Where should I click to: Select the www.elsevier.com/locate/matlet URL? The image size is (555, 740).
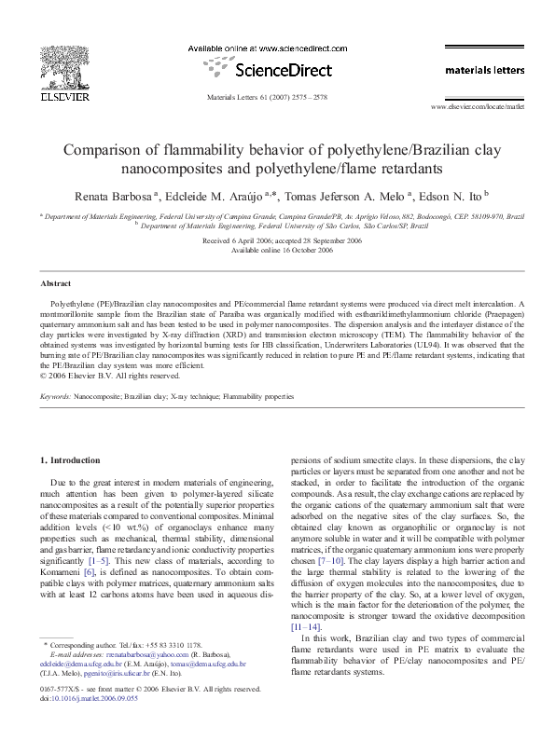pyautogui.click(x=472, y=108)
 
